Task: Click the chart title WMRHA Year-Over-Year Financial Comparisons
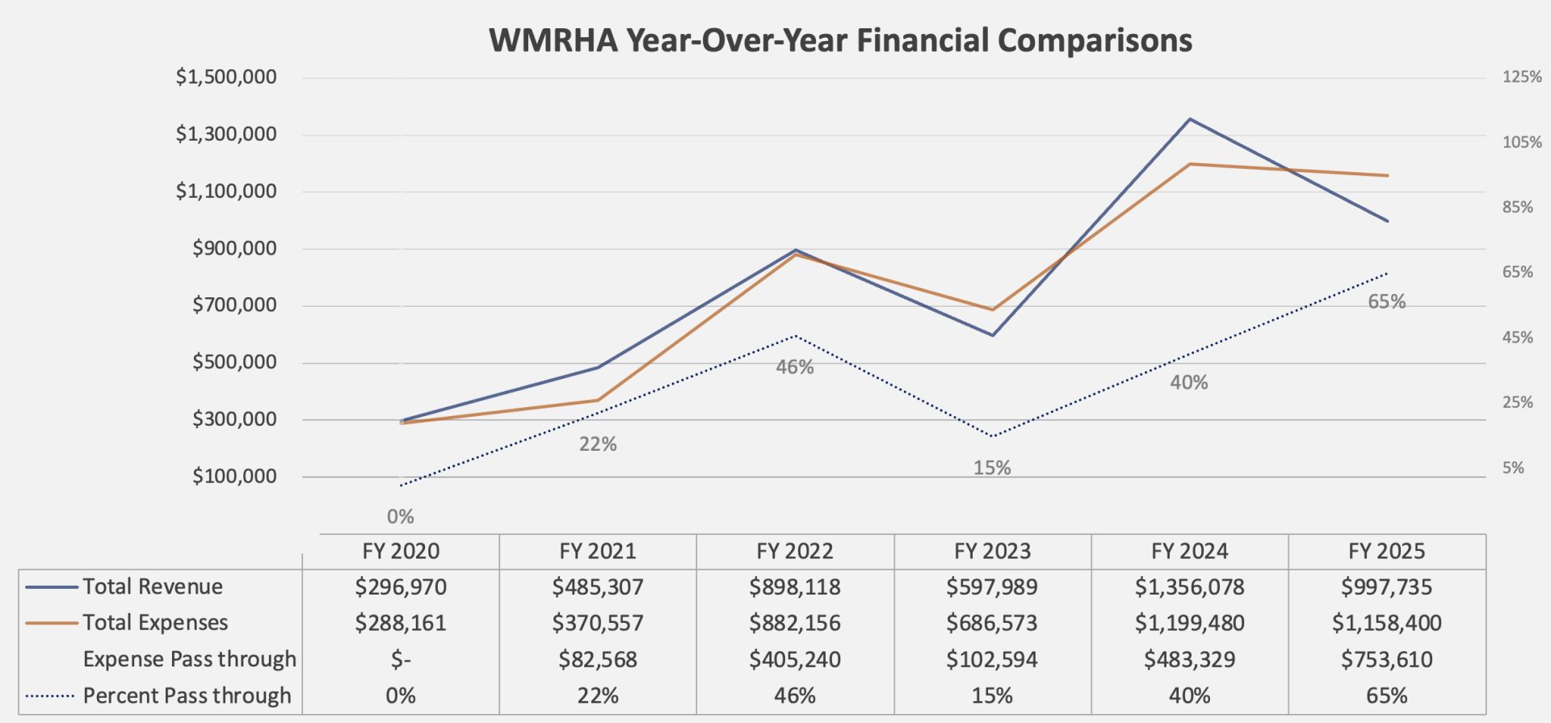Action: [x=840, y=40]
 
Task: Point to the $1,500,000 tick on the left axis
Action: [x=226, y=78]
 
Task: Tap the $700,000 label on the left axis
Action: [x=234, y=305]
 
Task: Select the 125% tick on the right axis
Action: [x=1522, y=78]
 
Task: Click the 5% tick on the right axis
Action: [x=1513, y=468]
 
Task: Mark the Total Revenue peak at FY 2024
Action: [x=1189, y=120]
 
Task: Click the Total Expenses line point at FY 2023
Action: [x=992, y=309]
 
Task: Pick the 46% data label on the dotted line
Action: [x=795, y=368]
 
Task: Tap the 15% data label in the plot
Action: [x=992, y=468]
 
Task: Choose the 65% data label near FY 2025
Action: [x=1386, y=302]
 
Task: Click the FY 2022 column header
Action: [x=795, y=552]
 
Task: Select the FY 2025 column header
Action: [x=1386, y=552]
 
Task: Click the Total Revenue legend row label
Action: [x=153, y=586]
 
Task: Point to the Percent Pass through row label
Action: [x=187, y=696]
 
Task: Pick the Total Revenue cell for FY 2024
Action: [x=1189, y=587]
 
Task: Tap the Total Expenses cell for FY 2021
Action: [x=598, y=623]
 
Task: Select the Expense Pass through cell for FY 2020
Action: [x=401, y=660]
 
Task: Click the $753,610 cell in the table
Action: [x=1386, y=660]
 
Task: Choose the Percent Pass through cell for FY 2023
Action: [x=992, y=696]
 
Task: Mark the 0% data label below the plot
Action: [x=401, y=517]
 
